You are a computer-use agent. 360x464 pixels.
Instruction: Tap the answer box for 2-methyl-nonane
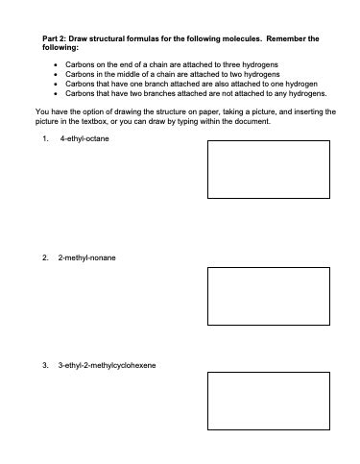(261, 295)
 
